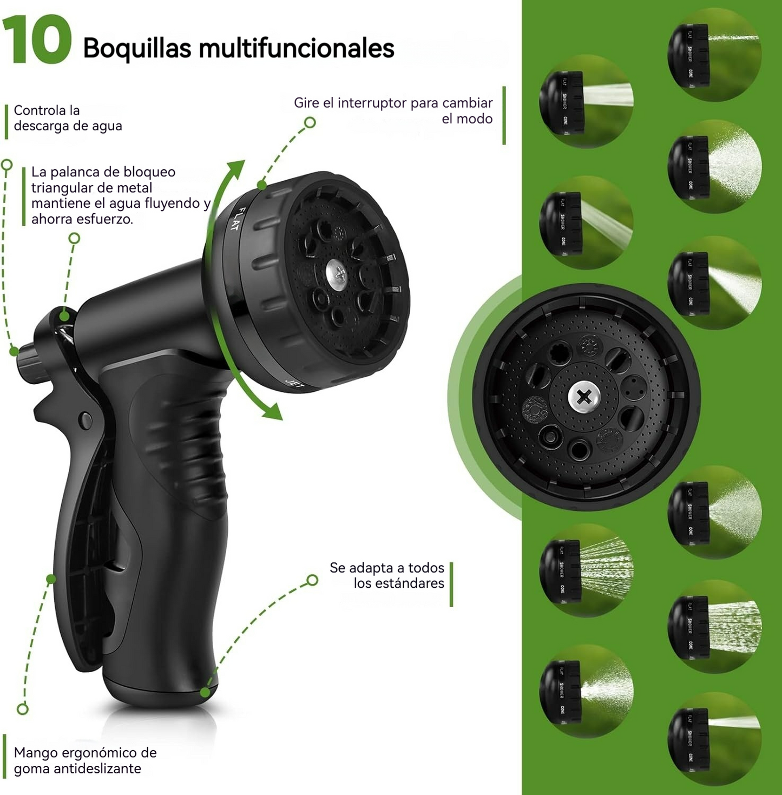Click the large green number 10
click(x=37, y=40)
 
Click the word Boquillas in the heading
click(x=137, y=48)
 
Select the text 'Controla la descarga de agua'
click(x=68, y=118)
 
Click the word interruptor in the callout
click(x=372, y=103)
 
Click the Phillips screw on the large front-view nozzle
click(x=584, y=397)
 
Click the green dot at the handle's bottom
click(x=205, y=692)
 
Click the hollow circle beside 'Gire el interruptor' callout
click(x=310, y=123)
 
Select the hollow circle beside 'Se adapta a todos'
click(x=312, y=580)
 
